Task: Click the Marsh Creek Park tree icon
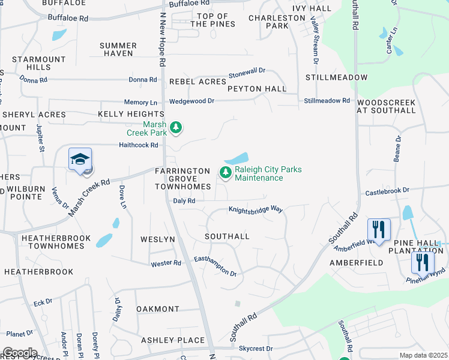pos(176,127)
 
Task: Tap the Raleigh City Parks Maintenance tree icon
pos(226,173)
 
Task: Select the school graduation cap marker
pos(80,160)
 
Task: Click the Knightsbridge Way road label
pos(255,209)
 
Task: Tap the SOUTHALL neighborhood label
pos(227,236)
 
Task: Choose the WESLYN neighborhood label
pos(158,239)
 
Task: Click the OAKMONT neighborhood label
pos(158,309)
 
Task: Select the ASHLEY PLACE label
pos(173,340)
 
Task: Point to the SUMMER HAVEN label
pos(118,49)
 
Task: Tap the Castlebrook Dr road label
pos(387,190)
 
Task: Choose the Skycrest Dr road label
pos(256,349)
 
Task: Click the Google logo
pos(19,353)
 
